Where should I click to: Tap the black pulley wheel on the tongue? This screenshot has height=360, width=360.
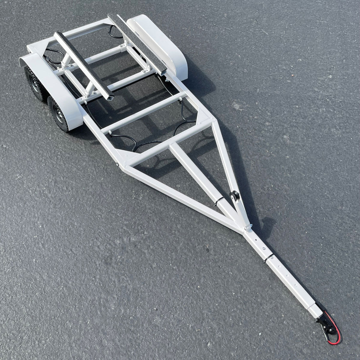pyautogui.click(x=232, y=196)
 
